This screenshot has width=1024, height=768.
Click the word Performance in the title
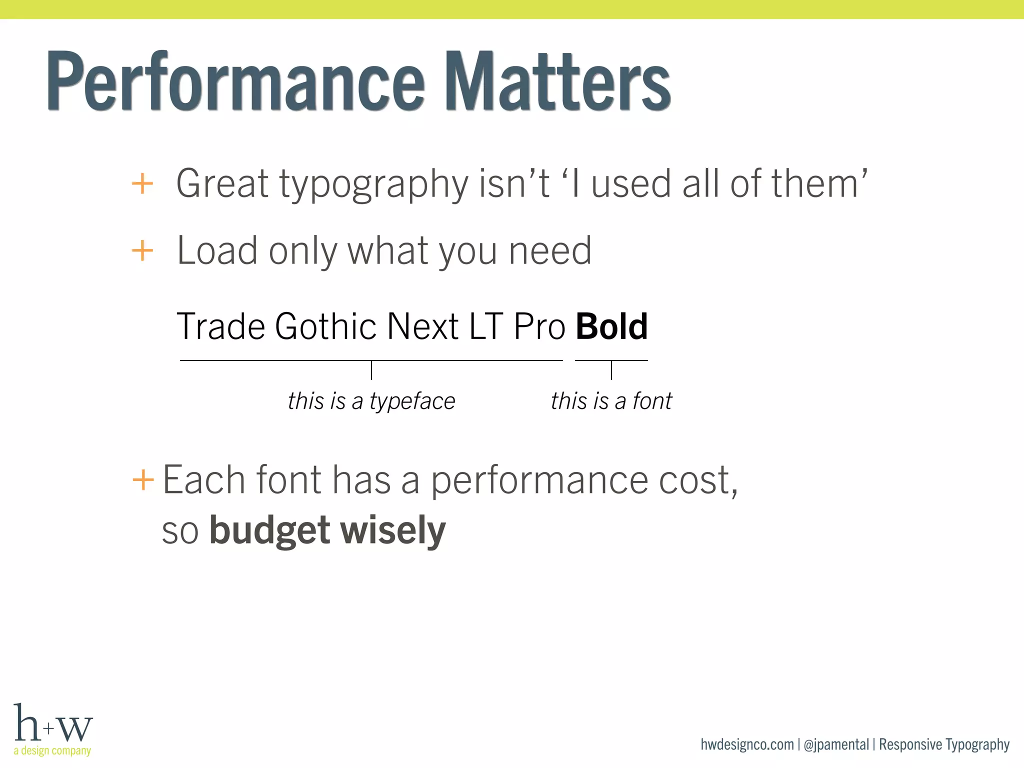coord(235,81)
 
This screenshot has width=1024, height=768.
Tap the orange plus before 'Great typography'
coord(142,183)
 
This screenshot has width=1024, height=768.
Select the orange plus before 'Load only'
coord(142,250)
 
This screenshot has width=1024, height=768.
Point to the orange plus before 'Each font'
coord(143,480)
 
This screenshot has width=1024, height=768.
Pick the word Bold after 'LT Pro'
coord(611,326)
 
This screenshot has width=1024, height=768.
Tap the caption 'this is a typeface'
coord(371,401)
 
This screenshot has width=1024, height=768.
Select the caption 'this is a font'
coord(611,401)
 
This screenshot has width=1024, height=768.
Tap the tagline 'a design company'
coord(52,750)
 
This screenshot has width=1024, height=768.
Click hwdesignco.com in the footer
coord(747,744)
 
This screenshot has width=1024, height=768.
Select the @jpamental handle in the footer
coord(836,744)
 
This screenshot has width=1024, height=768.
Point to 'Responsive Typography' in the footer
coord(944,744)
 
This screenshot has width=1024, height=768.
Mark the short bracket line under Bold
coord(611,360)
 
